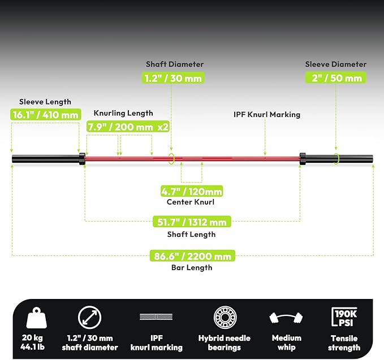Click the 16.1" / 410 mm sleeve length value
pos(46,115)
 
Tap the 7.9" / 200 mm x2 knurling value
pos(128,127)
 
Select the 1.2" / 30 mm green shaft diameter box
pos(173,78)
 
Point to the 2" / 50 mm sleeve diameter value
pos(335,78)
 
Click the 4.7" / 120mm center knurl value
pos(192,192)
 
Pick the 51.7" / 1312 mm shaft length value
pos(192,222)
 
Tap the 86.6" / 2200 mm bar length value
pos(192,256)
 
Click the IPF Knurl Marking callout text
pos(267,115)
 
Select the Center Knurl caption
pos(191,202)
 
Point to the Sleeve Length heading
pos(45,102)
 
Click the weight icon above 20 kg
pos(37,318)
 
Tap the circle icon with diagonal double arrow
pos(89,317)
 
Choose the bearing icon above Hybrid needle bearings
pos(225,317)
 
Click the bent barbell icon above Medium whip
pos(286,318)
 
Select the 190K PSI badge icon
pos(344,317)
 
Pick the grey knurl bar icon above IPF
pos(156,316)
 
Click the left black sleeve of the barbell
pos(46,159)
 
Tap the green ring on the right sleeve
pos(336,159)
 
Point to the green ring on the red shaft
pos(171,159)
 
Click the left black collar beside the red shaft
pos(82,159)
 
